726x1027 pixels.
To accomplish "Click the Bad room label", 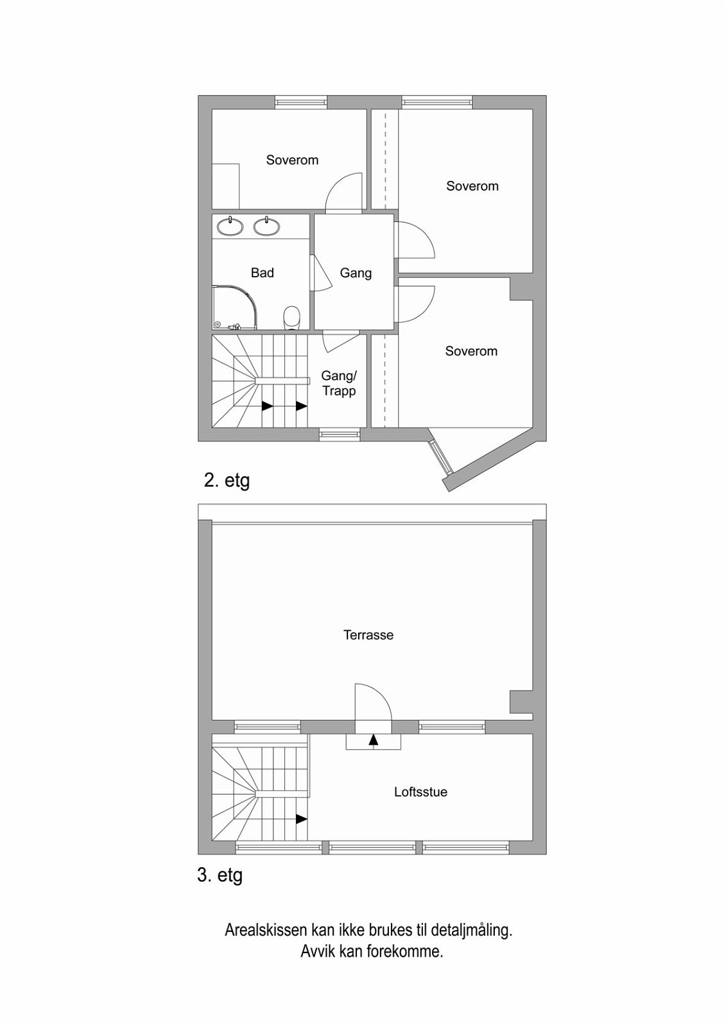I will [262, 273].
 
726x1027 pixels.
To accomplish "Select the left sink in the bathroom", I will [229, 226].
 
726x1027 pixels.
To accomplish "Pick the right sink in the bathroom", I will [266, 226].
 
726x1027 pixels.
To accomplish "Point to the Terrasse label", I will [368, 635].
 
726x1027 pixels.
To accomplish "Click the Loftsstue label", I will [420, 792].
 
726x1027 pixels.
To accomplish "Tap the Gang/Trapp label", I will [338, 383].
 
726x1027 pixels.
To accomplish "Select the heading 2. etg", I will [227, 480].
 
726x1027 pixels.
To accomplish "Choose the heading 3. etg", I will [220, 876].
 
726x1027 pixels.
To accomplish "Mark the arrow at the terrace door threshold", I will [374, 740].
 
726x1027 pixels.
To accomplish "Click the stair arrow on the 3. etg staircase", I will [300, 819].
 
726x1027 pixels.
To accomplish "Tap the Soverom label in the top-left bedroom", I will [292, 160].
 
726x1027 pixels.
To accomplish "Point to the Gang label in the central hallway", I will [356, 273].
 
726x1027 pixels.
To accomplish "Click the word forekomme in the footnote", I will [404, 952].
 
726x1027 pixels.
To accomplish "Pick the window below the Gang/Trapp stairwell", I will [340, 435].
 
